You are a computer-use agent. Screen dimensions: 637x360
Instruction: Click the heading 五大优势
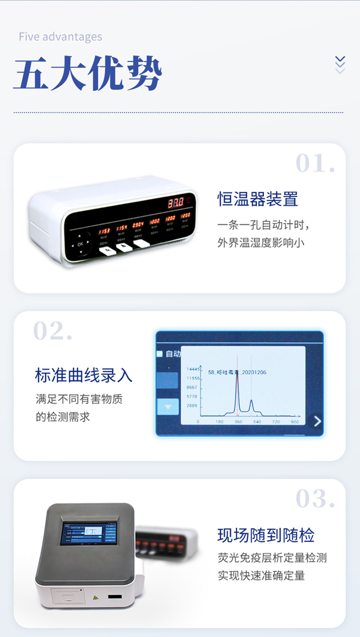(x=88, y=74)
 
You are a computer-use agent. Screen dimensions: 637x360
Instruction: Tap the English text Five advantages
(x=60, y=37)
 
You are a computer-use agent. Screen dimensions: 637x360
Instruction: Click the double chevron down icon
(x=340, y=65)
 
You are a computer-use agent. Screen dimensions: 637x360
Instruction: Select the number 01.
(x=315, y=163)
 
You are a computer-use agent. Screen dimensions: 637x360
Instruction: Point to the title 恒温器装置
(x=258, y=199)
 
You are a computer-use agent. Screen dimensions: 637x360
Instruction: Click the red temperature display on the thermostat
(x=176, y=203)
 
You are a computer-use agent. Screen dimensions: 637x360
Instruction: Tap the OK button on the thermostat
(x=80, y=244)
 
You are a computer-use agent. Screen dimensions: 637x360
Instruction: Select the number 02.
(x=53, y=331)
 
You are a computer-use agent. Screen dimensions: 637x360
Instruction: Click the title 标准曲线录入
(x=83, y=376)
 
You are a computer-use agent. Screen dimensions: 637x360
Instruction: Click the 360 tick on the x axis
(x=238, y=422)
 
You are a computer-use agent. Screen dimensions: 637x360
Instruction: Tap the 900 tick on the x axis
(x=295, y=422)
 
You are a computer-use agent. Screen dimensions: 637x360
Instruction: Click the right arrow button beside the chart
(x=317, y=421)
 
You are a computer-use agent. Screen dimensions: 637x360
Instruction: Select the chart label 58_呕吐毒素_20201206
(x=237, y=372)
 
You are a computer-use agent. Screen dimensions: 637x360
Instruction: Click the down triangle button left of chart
(x=167, y=407)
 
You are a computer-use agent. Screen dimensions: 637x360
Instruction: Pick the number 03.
(x=315, y=499)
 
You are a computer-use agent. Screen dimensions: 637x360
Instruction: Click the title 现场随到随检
(x=266, y=535)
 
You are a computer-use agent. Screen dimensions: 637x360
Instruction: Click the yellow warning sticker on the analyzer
(x=96, y=598)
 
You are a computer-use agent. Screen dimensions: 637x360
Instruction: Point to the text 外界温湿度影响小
(x=261, y=243)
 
